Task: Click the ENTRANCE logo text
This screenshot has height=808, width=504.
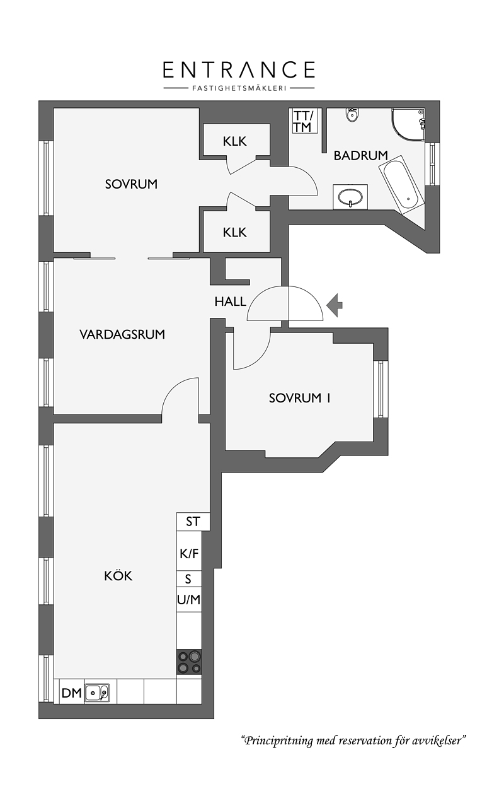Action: point(239,69)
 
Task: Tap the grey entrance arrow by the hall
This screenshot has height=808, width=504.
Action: point(335,305)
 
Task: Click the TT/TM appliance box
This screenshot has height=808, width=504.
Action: point(305,121)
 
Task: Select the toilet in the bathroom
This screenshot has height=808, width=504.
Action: point(352,115)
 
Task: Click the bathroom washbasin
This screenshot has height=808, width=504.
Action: point(350,197)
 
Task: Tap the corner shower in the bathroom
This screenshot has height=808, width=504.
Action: point(408,125)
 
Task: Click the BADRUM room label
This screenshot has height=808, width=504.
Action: point(360,155)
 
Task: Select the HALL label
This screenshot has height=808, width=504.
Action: point(230,302)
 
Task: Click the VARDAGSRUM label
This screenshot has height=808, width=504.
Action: point(122,334)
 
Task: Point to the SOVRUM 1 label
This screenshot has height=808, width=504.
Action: point(300,398)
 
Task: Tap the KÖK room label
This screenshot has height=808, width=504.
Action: point(118,575)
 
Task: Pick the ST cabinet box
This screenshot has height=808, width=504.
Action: point(193,522)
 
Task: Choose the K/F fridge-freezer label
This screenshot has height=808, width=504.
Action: point(189,553)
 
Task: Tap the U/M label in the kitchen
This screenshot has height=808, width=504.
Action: point(189,599)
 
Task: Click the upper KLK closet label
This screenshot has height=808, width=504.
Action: point(234,141)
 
